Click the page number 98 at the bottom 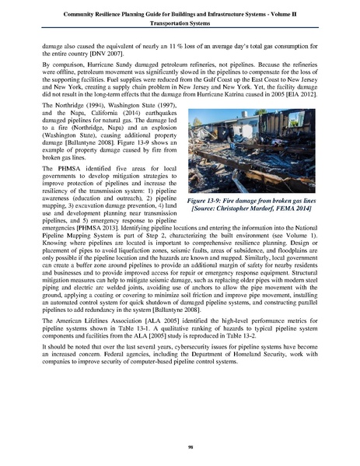pos(180,446)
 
